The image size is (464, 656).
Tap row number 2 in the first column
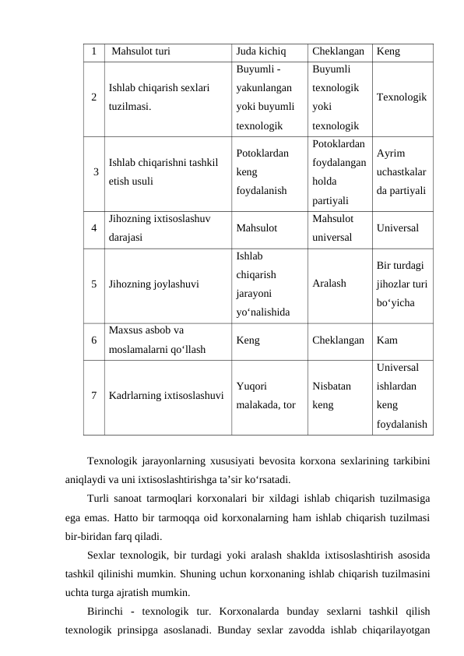(93, 97)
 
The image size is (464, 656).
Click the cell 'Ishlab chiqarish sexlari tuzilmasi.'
(159, 97)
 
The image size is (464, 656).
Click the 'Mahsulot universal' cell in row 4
(332, 227)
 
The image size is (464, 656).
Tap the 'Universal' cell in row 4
(396, 228)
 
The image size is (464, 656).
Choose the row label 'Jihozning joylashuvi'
(153, 284)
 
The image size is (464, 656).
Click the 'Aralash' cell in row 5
(329, 284)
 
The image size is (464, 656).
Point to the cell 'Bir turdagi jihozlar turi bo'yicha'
(401, 284)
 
